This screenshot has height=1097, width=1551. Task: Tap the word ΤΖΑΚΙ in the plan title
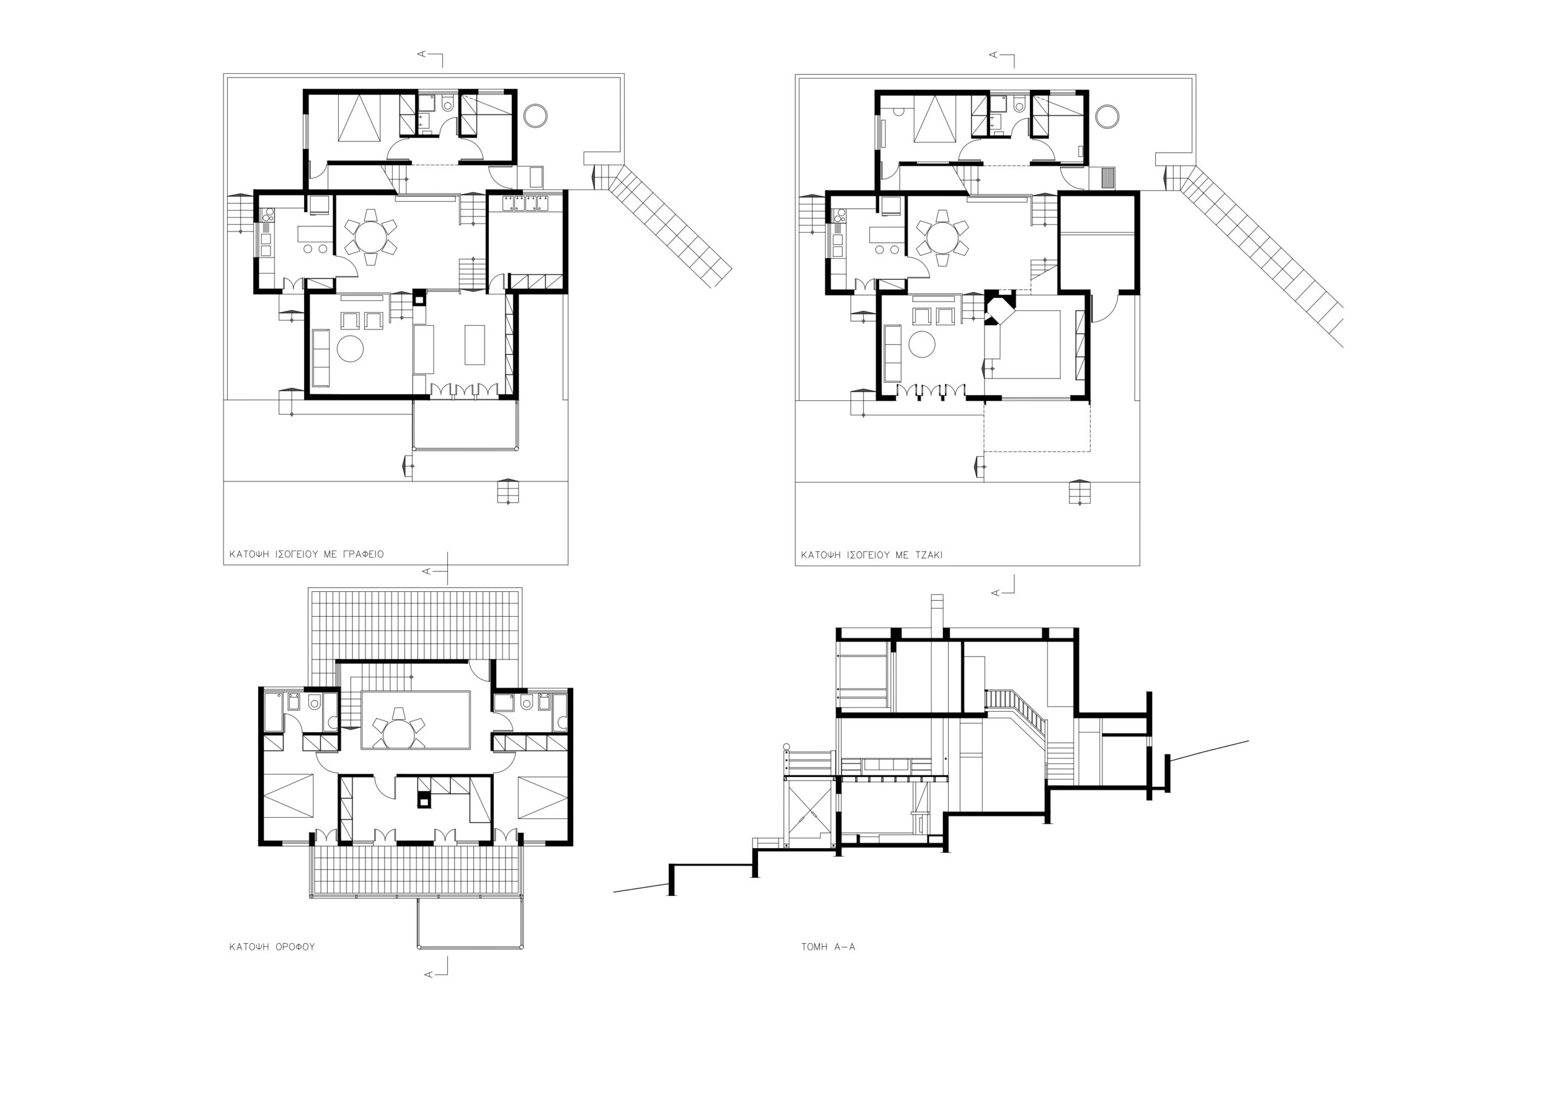click(x=927, y=555)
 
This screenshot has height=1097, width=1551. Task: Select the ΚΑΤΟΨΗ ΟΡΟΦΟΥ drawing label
click(x=272, y=947)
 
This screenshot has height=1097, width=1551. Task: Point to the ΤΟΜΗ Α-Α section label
click(x=828, y=947)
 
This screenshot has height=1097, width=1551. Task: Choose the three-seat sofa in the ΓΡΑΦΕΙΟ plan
click(x=320, y=358)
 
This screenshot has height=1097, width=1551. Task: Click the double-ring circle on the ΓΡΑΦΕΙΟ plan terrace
click(x=536, y=116)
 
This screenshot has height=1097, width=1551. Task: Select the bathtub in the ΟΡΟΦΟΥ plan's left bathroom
click(x=274, y=712)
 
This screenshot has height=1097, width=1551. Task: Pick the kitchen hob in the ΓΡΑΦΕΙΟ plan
click(x=266, y=216)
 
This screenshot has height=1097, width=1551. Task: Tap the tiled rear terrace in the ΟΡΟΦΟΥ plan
click(x=415, y=625)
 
